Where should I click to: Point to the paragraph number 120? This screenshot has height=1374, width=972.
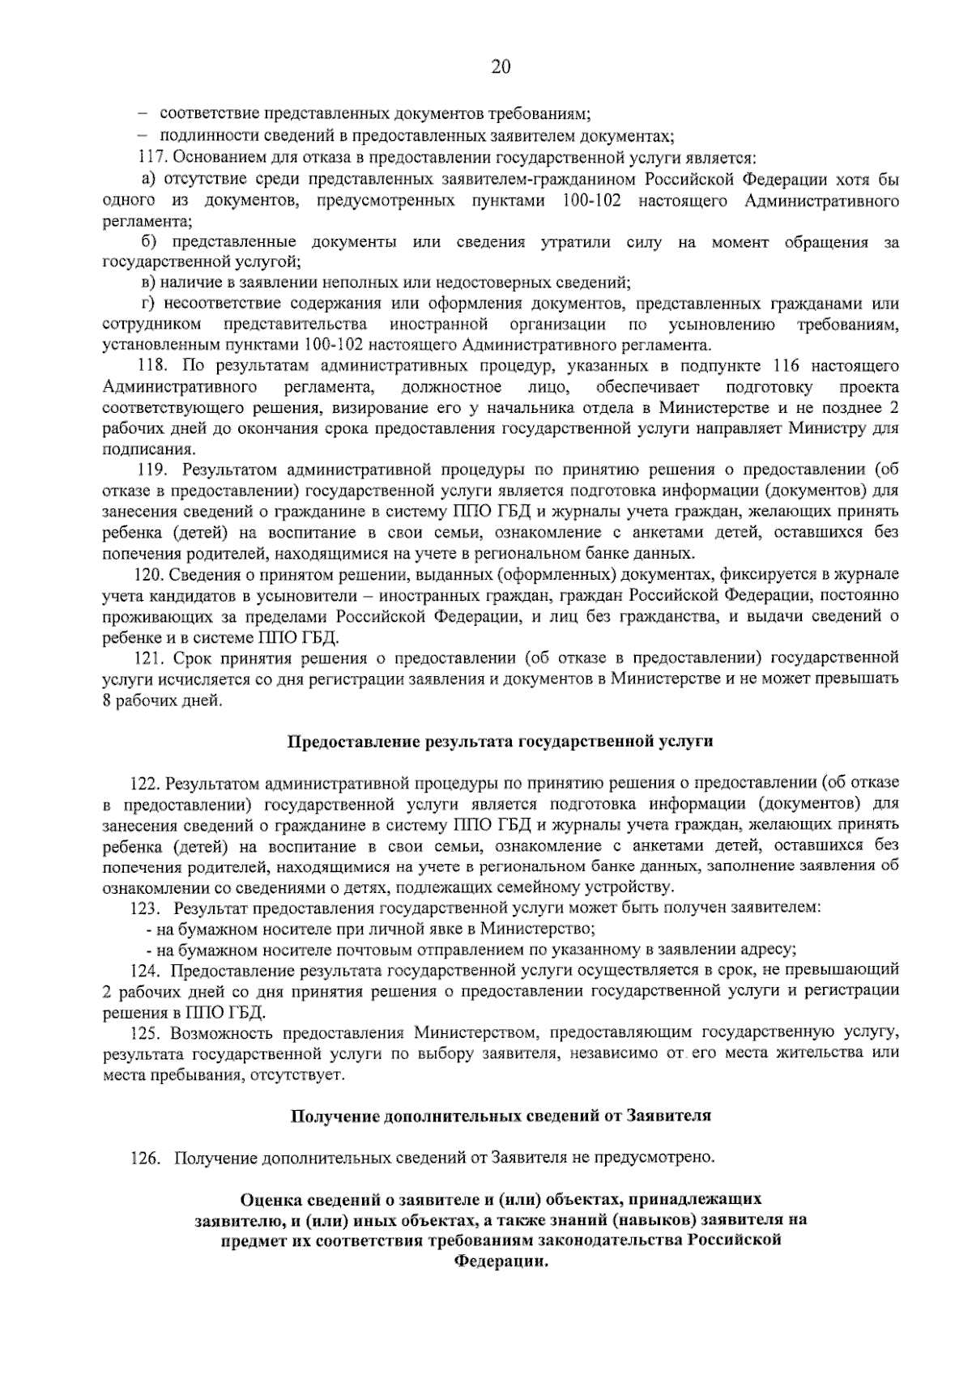148,574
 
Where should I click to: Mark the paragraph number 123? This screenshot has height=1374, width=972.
147,908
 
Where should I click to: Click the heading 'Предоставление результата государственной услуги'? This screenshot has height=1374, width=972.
501,741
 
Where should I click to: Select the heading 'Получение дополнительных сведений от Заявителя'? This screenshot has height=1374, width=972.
501,1116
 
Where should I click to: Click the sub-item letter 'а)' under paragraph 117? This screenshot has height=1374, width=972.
148,178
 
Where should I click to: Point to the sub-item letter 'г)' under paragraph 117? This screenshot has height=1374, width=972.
148,304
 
